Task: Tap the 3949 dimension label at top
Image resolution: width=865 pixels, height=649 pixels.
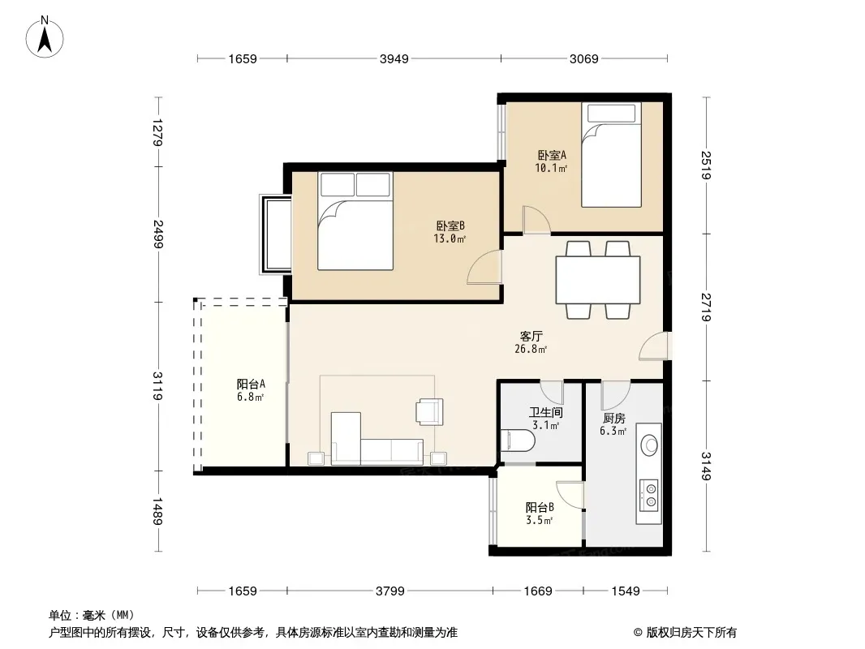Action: [394, 58]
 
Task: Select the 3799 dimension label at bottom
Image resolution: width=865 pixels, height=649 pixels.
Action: [390, 591]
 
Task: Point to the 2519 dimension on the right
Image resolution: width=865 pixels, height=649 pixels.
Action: [706, 165]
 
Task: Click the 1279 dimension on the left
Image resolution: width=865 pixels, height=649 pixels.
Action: [157, 132]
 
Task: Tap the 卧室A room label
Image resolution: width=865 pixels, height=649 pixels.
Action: [552, 156]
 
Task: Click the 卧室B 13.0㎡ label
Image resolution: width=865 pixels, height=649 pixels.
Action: [450, 232]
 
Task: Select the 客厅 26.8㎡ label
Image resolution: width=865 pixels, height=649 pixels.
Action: [531, 342]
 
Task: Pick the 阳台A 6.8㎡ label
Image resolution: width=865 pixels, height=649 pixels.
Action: [251, 390]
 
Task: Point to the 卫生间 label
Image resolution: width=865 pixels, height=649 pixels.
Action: [545, 412]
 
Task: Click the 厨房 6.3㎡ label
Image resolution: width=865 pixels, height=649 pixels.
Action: [613, 424]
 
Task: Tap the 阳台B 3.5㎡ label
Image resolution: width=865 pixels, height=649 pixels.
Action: [540, 514]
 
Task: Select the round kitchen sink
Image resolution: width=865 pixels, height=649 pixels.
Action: [650, 445]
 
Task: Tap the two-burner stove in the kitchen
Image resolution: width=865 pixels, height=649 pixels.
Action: [650, 495]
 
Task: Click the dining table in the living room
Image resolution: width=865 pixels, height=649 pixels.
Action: [598, 280]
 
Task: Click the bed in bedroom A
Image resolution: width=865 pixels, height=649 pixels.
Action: [611, 155]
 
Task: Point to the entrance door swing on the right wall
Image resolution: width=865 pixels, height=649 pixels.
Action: [654, 346]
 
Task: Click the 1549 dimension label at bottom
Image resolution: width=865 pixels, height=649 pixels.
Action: [626, 591]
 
